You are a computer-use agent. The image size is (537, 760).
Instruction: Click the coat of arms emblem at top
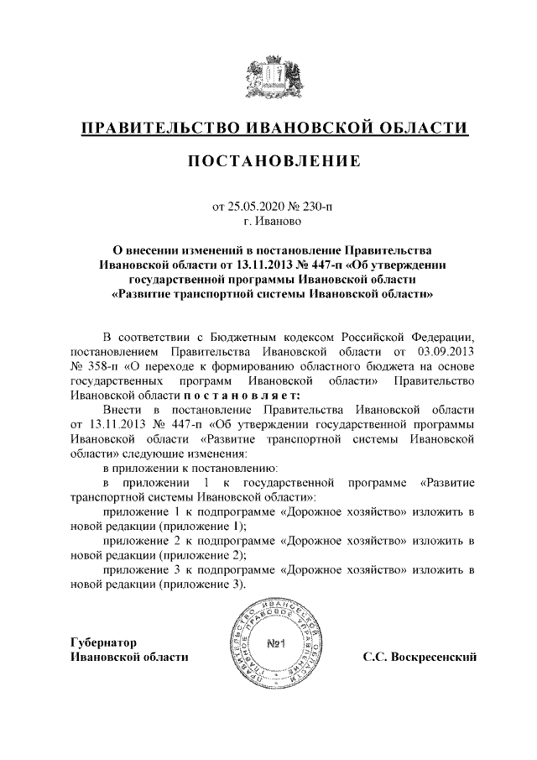268,76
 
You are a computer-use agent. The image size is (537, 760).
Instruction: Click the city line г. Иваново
268,222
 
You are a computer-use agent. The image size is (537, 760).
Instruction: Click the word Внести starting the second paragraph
121,411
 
